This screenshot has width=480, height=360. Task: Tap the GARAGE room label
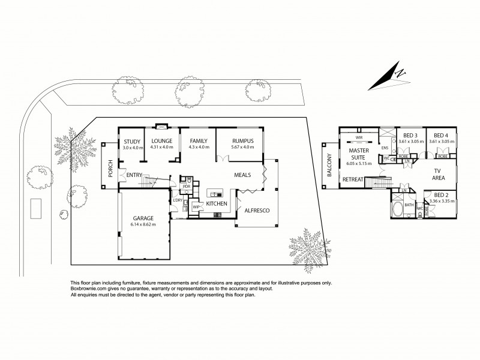[143, 218]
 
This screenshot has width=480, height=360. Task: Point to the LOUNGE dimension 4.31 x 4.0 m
[161, 147]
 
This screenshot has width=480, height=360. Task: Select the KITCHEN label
[217, 204]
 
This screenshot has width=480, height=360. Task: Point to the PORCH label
[110, 172]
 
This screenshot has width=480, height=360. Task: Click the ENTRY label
[133, 175]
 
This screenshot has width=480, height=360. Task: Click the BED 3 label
[411, 136]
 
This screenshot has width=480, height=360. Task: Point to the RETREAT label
[353, 179]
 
